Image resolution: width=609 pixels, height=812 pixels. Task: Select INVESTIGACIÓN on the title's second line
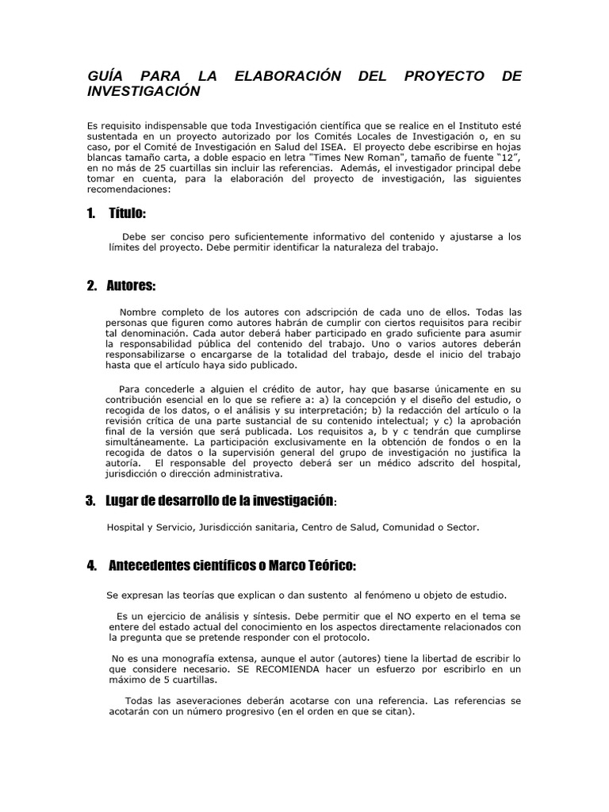pos(143,91)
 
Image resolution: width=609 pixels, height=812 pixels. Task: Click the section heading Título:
pos(126,214)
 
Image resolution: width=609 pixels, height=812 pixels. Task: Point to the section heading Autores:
pos(131,285)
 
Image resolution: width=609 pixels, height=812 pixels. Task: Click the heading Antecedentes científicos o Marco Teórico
pos(231,565)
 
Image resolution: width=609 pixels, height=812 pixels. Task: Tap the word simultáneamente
pos(147,441)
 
